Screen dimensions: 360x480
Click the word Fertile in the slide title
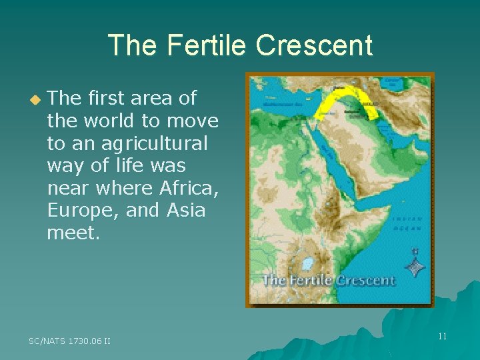point(195,45)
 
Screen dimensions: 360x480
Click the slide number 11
point(442,336)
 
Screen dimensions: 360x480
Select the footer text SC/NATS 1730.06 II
point(69,341)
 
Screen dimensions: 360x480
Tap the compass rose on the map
point(415,265)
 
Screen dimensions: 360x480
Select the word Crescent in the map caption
point(365,281)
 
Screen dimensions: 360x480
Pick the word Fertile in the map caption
point(311,281)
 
